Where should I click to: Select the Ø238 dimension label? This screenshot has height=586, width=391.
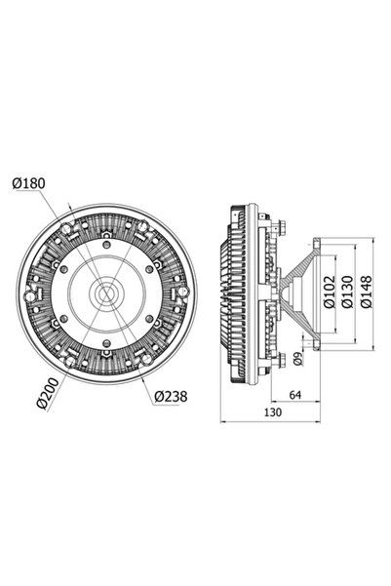172,396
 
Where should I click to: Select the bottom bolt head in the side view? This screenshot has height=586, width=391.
278,364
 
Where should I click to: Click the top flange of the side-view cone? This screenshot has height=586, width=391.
318,238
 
